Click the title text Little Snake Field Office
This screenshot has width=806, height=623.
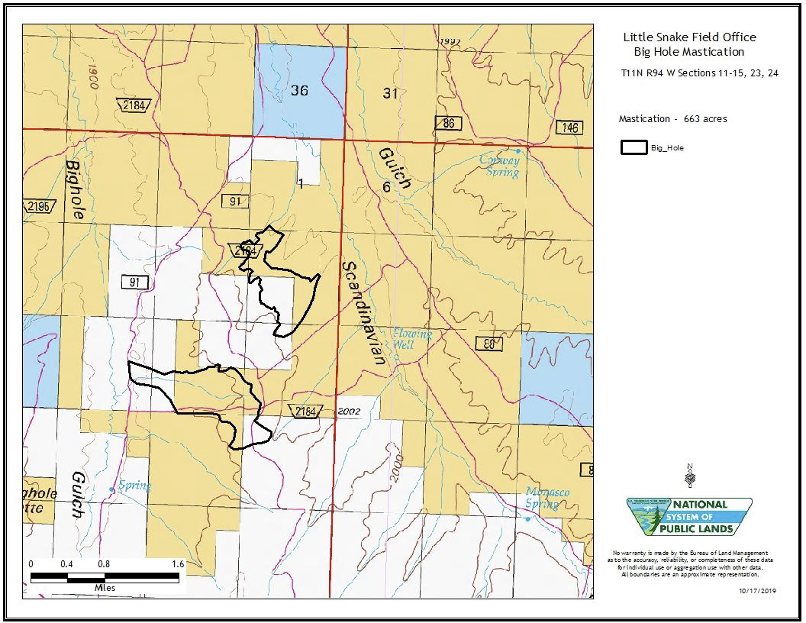[689, 37]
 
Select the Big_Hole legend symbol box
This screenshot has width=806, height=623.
[633, 147]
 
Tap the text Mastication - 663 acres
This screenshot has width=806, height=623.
[672, 119]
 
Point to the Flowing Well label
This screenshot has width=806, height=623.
[412, 339]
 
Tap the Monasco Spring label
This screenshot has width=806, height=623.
[546, 498]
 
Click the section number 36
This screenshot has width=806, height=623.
[299, 91]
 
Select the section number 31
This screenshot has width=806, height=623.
[391, 93]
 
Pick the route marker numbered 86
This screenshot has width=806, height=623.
[449, 123]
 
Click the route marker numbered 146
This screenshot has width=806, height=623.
[569, 128]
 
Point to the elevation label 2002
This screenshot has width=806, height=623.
[347, 412]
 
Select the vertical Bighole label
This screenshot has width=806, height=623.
[75, 190]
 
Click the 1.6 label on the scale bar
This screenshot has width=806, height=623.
[178, 564]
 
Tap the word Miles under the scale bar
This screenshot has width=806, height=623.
[105, 588]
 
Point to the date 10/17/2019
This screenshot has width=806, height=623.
[757, 590]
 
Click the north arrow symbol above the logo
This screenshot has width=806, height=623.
[690, 476]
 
